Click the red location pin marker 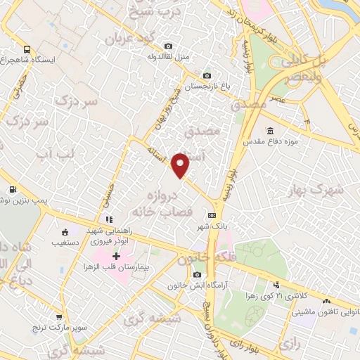[181, 165]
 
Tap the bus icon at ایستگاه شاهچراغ [27, 50]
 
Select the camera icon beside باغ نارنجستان [207, 76]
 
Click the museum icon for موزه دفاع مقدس [271, 131]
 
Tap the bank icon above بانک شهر [211, 216]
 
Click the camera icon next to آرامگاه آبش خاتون [197, 274]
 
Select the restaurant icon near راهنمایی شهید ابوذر [109, 219]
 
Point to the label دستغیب [63, 242]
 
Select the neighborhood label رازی [289, 343]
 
